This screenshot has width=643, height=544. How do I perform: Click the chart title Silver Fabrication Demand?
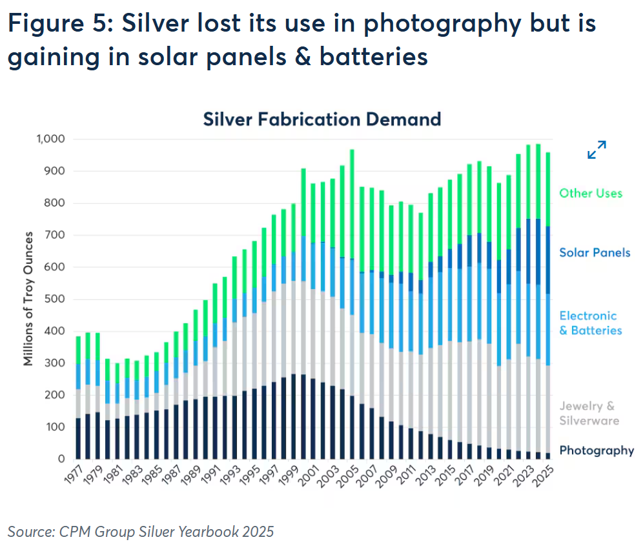point(321,119)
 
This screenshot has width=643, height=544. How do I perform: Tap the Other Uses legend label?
point(590,193)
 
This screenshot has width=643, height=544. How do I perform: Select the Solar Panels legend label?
point(594,252)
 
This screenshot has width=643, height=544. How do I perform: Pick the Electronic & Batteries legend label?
point(590,323)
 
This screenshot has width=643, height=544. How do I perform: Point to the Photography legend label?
point(596,450)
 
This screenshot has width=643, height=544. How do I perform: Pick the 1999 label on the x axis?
point(290,478)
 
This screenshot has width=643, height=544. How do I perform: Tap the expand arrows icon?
point(597,150)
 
